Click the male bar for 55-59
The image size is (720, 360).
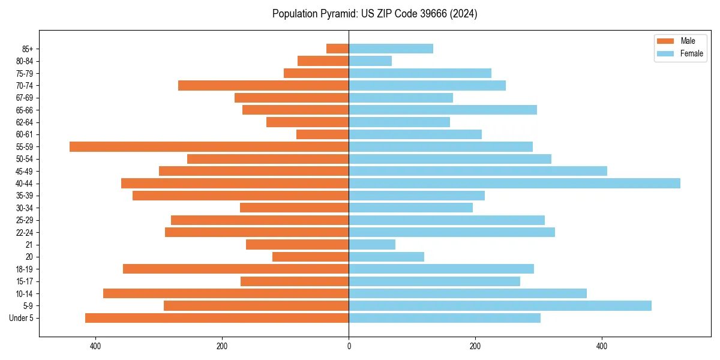[x=209, y=146]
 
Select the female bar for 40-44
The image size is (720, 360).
[x=514, y=183]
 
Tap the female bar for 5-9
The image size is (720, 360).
[x=500, y=305]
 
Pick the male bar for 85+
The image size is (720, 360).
[x=338, y=49]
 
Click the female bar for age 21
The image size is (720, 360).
[x=372, y=244]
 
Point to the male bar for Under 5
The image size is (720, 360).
[x=217, y=318]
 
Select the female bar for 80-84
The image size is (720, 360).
[x=370, y=61]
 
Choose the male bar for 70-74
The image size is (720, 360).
[x=263, y=85]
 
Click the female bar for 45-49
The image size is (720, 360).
[x=478, y=171]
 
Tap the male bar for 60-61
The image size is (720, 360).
[x=322, y=134]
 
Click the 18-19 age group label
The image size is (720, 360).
[x=25, y=269]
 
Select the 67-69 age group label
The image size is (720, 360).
[x=25, y=98]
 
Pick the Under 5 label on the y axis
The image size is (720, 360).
[x=21, y=318]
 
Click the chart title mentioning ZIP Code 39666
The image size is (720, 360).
[x=374, y=14]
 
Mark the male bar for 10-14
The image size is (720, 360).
[x=226, y=293]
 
